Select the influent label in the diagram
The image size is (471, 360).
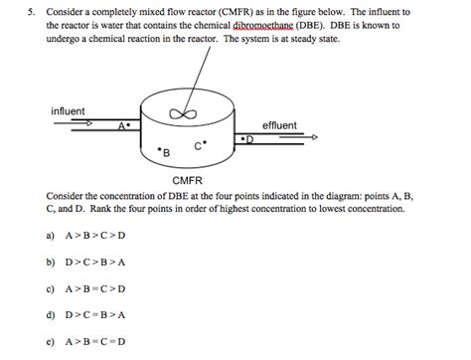coord(68,110)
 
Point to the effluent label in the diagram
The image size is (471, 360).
coord(279,125)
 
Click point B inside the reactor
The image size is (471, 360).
coord(164,151)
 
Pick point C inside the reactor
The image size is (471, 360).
coord(199,144)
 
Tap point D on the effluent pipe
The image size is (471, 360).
coord(248,140)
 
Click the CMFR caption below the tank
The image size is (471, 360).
coord(187,180)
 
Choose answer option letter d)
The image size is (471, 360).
coord(50,315)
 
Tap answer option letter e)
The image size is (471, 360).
coord(50,342)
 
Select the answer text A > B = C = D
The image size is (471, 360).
coord(98,342)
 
